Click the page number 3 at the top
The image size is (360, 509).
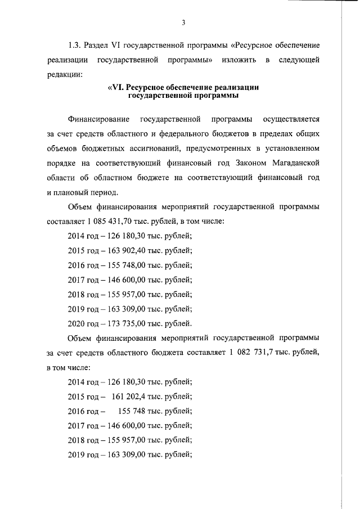(183, 22)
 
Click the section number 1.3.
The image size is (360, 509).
(74, 44)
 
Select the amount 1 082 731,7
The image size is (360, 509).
(255, 353)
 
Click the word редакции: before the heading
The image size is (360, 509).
(65, 74)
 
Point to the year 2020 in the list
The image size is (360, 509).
(76, 323)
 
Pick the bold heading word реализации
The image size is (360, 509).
(232, 88)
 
